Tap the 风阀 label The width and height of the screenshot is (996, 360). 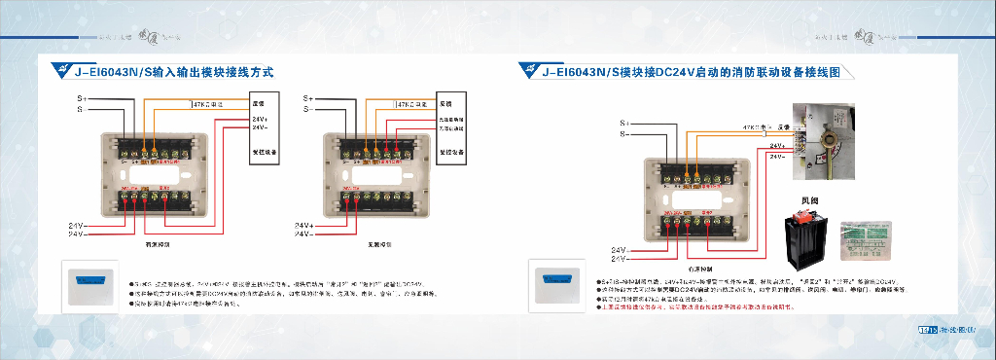808,201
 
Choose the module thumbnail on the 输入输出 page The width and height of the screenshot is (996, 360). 89,283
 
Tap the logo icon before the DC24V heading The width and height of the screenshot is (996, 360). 530,71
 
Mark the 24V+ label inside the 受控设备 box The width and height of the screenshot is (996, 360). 260,119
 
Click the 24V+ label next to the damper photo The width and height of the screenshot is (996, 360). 778,145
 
